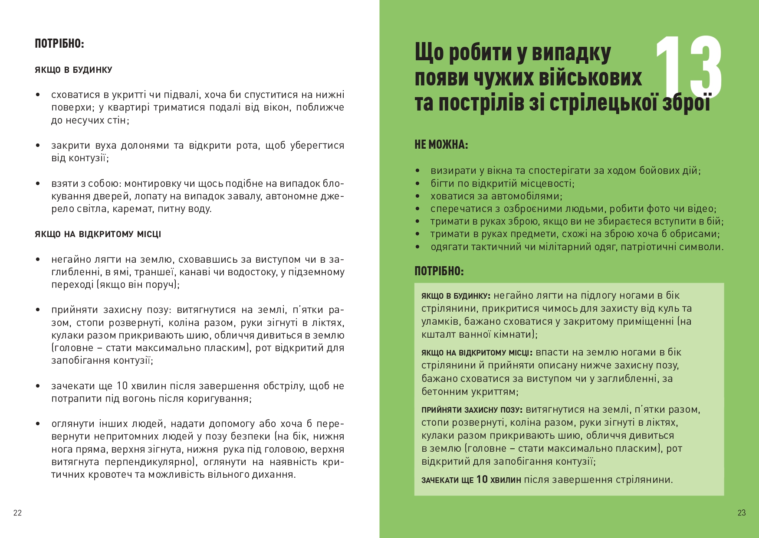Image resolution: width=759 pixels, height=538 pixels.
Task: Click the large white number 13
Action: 689,68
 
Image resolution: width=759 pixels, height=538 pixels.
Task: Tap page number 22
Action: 17,513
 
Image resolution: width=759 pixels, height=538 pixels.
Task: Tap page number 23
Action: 742,513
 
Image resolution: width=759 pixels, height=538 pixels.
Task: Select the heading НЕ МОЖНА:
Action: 441,145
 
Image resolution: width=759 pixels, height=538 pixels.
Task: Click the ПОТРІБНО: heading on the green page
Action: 439,271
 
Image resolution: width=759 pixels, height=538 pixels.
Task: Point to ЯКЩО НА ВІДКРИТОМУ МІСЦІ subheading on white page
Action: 98,235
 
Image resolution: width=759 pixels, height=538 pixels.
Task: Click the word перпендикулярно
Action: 151,462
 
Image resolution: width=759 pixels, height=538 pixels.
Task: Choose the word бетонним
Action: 443,392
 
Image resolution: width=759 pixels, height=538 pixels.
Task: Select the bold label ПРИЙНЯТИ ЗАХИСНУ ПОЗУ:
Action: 472,410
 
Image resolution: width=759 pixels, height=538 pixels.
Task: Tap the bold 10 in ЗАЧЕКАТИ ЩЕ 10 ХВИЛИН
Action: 482,479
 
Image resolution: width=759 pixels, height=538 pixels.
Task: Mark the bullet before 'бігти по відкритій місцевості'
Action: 417,184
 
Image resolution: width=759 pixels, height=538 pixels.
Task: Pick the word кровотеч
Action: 110,475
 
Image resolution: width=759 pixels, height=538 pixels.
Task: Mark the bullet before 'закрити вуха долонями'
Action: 38,146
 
